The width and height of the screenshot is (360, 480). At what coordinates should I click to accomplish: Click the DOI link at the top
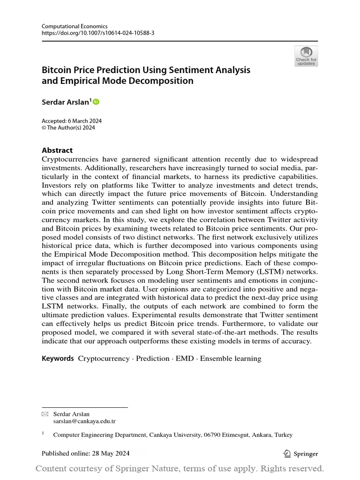98,34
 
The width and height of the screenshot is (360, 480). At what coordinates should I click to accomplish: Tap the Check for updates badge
306,56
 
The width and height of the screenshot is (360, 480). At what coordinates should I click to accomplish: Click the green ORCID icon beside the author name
96,101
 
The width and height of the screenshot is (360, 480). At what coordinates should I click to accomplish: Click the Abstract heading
57,150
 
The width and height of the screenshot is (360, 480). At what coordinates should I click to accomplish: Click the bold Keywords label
58,359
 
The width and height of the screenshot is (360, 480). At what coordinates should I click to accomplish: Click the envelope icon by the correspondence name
45,414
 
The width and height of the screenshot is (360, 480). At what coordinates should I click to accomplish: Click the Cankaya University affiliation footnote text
172,435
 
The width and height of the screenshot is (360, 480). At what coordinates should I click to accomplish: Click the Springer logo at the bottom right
301,453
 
